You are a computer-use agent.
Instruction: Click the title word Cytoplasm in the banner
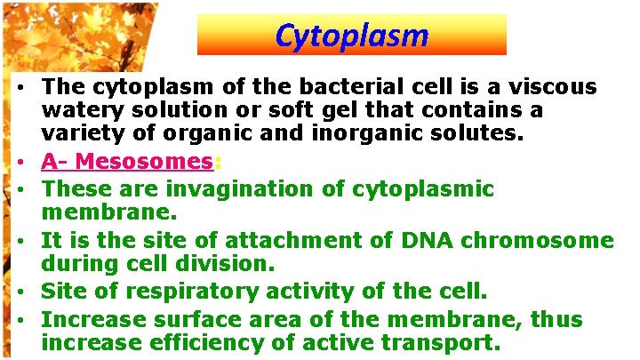(x=351, y=36)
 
